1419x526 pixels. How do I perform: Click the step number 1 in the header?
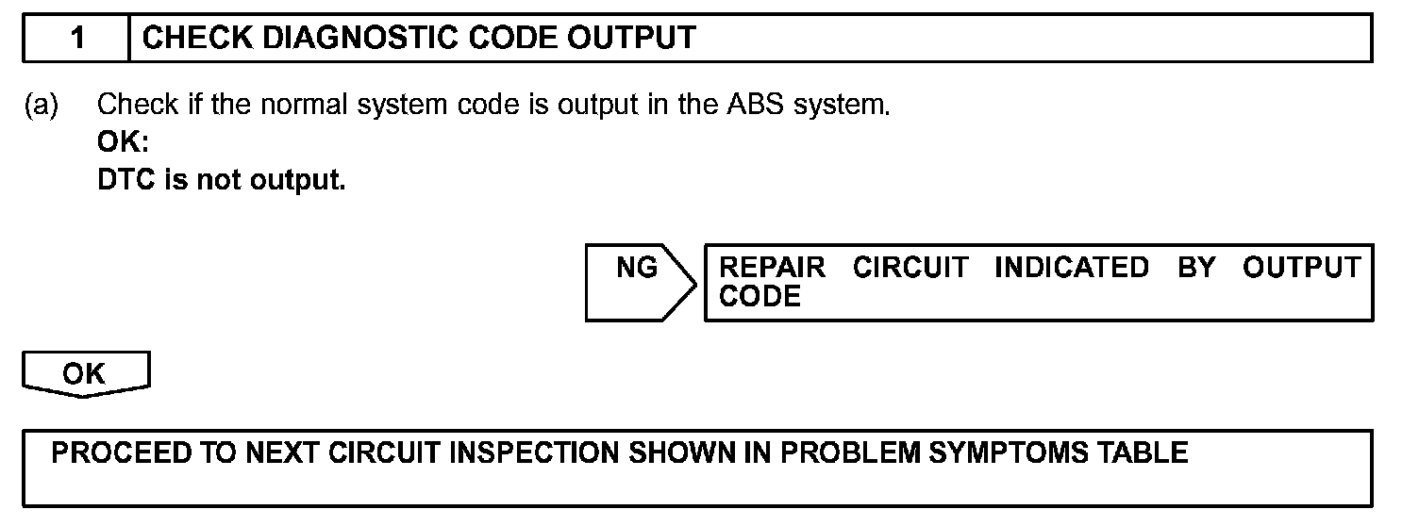(x=77, y=38)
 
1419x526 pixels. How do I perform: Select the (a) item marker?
(x=41, y=105)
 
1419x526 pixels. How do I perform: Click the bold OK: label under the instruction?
(x=124, y=142)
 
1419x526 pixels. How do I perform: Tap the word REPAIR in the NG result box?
(x=772, y=268)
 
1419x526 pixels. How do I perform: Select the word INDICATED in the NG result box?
(x=1072, y=268)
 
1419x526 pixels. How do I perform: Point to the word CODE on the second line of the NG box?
(x=760, y=296)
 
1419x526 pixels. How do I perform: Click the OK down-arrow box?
(x=85, y=374)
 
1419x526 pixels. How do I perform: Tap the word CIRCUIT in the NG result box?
(x=910, y=268)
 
